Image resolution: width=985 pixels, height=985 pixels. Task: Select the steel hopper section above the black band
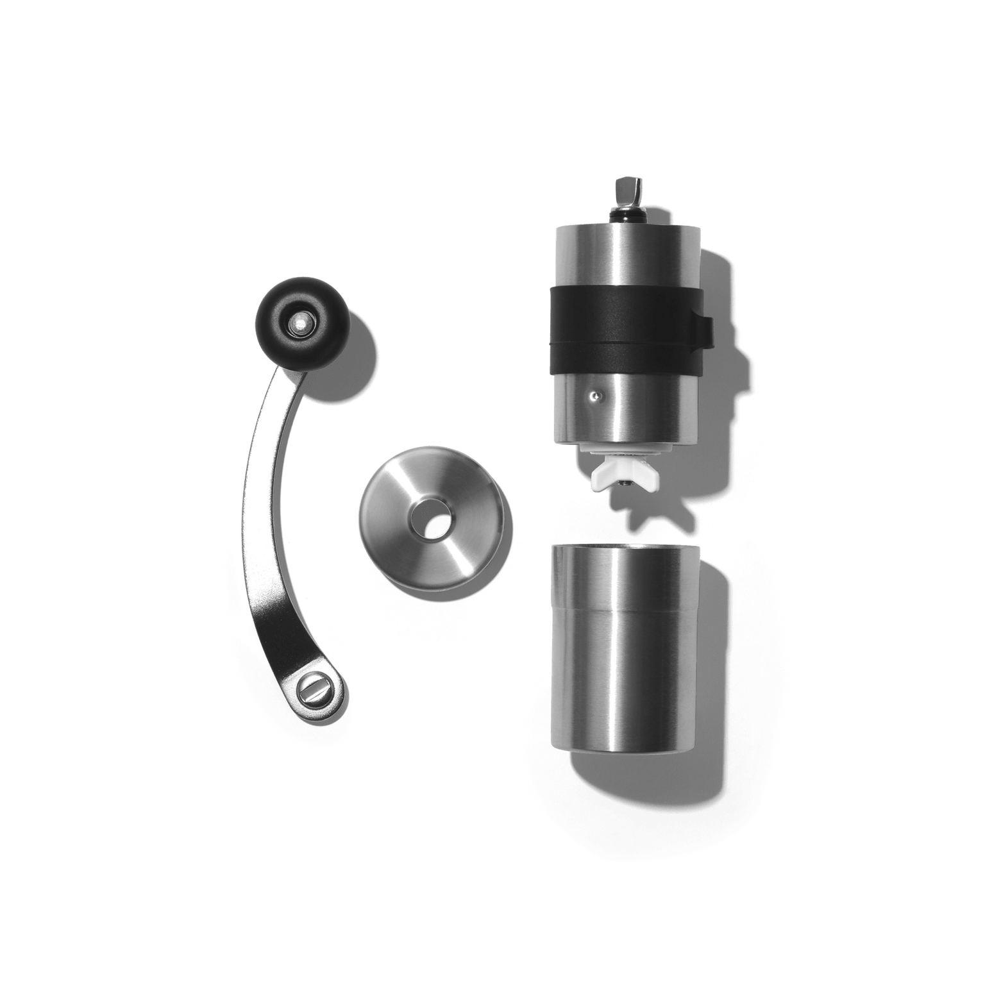click(x=622, y=257)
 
